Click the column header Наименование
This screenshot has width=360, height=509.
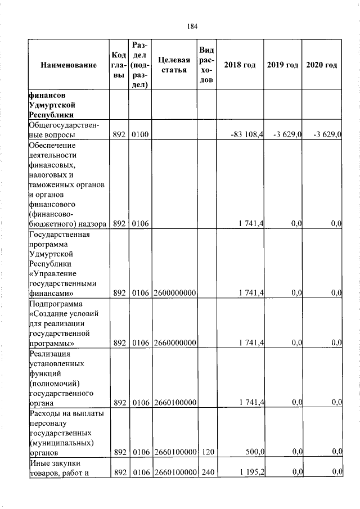tap(69, 65)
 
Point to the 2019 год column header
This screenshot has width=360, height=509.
tap(282, 65)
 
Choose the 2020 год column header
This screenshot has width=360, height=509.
tap(322, 65)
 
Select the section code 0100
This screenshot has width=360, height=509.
tap(139, 134)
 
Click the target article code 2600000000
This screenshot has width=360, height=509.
tap(174, 292)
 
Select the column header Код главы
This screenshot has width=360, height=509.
tap(119, 65)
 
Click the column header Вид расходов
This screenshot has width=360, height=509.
tap(206, 65)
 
